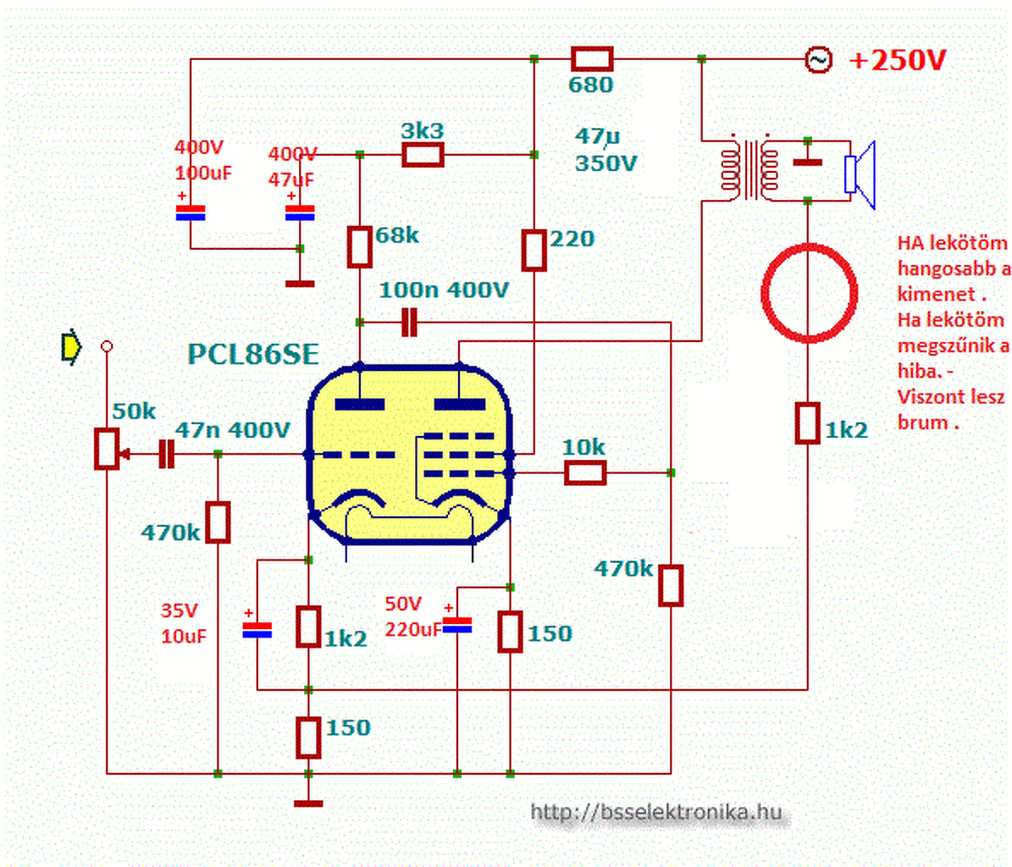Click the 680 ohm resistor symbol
tap(592, 59)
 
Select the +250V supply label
tap(898, 61)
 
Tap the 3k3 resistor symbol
tap(423, 155)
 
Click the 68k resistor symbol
tap(359, 246)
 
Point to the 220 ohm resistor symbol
tap(534, 251)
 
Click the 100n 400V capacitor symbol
tap(409, 322)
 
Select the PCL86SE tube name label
tap(253, 354)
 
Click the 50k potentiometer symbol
tap(108, 449)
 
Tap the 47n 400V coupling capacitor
tap(167, 454)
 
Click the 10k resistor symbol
tap(585, 472)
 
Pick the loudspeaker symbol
tap(860, 174)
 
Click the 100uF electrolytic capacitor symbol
tap(191, 213)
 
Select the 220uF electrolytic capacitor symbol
tap(457, 625)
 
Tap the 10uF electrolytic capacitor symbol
tap(257, 630)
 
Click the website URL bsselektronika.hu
tap(655, 811)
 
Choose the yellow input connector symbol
tap(70, 347)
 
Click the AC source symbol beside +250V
tap(818, 60)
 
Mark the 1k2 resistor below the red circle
tap(807, 423)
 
